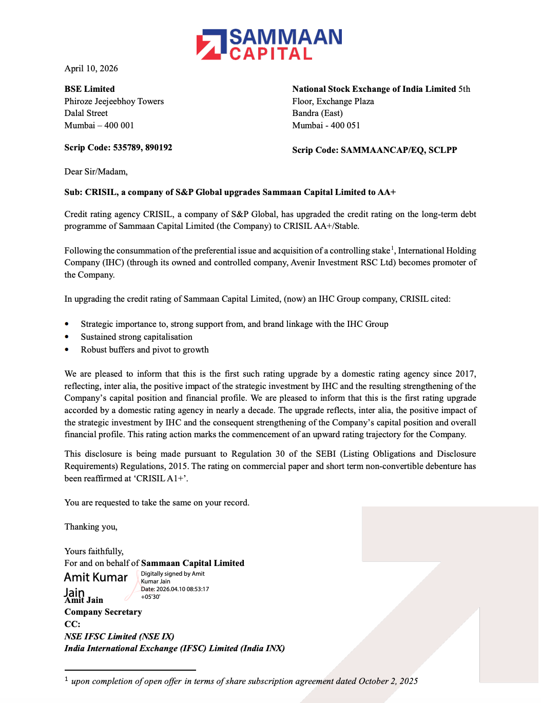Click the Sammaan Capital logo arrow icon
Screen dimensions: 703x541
click(211, 44)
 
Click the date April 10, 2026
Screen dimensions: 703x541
click(91, 69)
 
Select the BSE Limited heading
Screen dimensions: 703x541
click(89, 89)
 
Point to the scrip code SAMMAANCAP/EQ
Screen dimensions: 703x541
click(382, 150)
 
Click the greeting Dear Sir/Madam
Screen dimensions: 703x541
click(96, 172)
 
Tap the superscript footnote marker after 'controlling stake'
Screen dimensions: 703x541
click(392, 248)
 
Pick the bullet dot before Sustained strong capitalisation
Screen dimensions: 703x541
click(67, 337)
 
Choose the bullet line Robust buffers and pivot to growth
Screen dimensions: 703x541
click(144, 350)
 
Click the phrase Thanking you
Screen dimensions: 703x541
click(91, 527)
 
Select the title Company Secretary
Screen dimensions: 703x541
click(103, 612)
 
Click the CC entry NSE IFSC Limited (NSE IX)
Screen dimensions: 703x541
click(119, 637)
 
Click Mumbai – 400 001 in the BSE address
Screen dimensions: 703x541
click(99, 126)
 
